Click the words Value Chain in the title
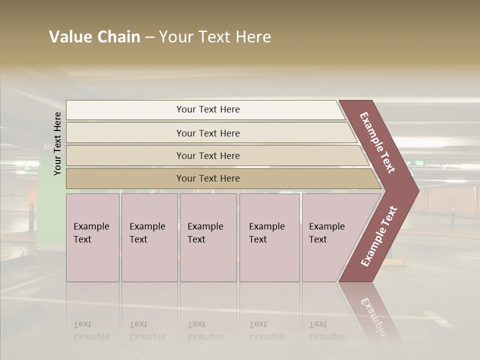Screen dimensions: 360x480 94,37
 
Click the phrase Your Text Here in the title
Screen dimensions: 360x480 215,37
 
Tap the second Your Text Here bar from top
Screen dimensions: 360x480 208,133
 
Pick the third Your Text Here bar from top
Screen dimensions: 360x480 208,155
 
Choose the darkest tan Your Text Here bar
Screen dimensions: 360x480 208,178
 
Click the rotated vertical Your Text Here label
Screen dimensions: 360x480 57,144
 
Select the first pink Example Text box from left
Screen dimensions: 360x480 92,237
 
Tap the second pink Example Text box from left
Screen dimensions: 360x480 149,237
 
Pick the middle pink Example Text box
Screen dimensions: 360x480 208,237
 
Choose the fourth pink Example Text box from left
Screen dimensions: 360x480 269,237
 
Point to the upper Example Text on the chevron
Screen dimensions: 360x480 377,142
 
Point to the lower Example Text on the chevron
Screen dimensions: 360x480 379,236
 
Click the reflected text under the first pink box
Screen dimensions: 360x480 91,330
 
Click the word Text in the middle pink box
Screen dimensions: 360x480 196,239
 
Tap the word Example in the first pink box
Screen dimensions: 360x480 91,226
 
